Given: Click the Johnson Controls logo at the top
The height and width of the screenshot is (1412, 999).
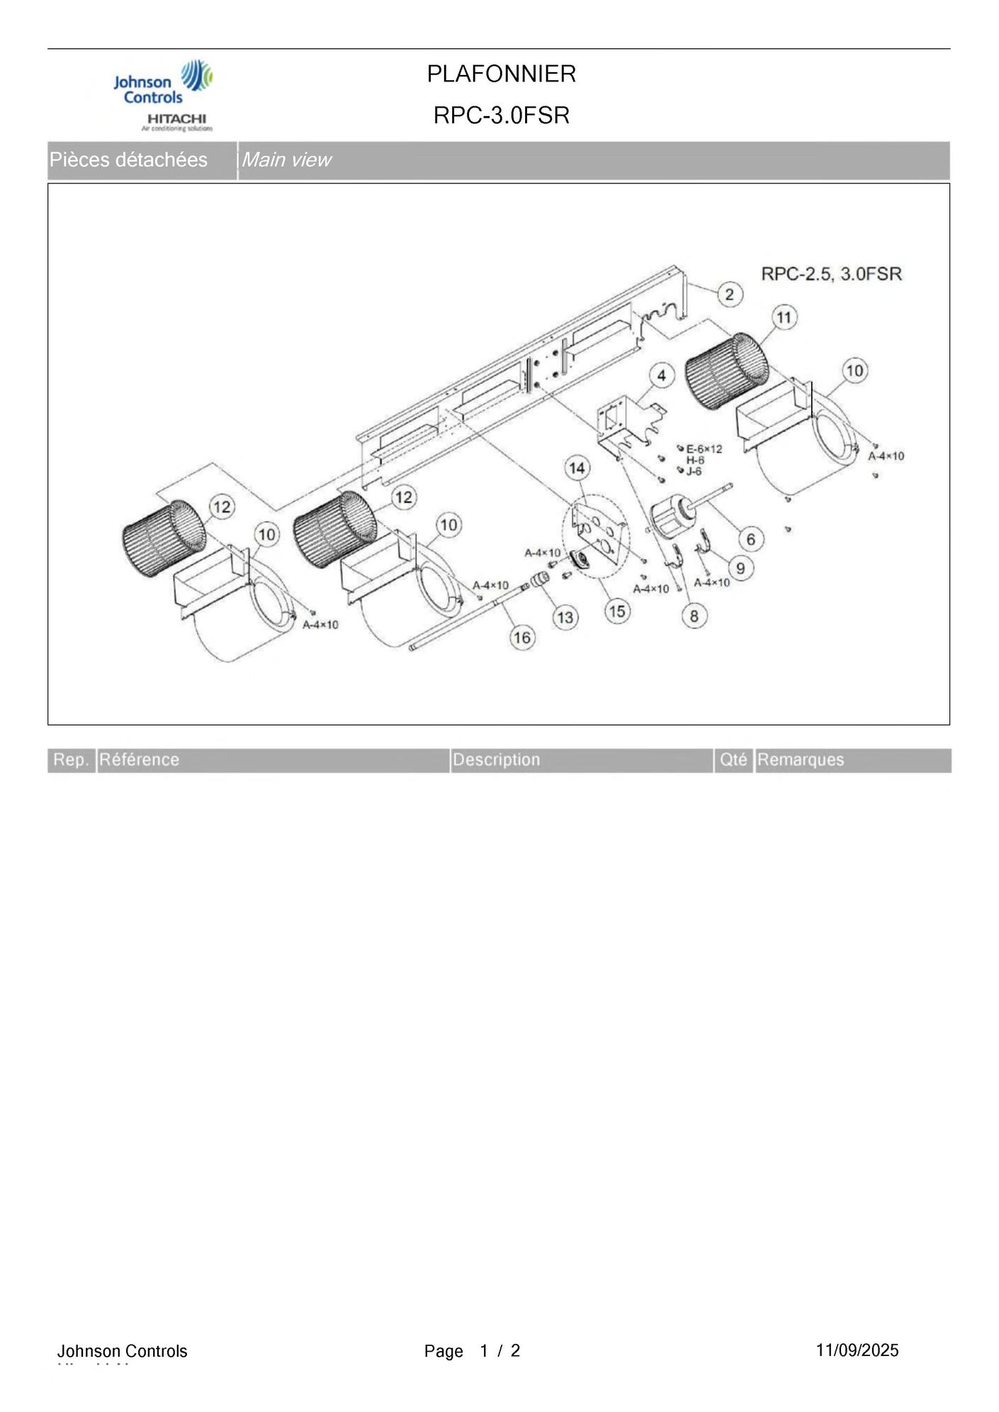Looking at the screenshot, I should pos(163,84).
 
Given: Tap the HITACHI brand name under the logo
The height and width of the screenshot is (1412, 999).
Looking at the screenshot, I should pos(176,118).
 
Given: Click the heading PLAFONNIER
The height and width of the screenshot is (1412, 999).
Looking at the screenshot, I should pos(501,74).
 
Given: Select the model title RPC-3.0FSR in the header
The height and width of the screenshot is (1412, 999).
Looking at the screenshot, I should pos(501,115).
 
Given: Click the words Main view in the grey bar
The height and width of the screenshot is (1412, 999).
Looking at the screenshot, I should pos(286,160).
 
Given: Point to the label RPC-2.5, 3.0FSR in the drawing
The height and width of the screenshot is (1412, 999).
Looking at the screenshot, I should pos(831,273).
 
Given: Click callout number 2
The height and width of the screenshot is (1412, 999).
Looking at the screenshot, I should pos(730,294).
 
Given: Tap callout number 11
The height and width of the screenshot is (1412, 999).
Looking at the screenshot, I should pos(784,317).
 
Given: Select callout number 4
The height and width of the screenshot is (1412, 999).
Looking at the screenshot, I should pos(662,375).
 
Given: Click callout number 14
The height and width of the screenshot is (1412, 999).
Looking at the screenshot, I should pos(577,468).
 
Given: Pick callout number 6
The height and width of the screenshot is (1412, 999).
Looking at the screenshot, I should pos(751,539).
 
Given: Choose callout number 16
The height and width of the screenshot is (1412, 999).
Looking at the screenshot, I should pos(521,638).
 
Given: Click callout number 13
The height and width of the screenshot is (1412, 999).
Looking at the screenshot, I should pos(565,618).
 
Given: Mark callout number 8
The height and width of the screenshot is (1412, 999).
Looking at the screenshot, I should pos(694,616).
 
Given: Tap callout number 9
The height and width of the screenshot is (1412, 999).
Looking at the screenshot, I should pos(740,567).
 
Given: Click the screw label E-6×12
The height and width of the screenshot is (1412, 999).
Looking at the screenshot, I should pos(704,449).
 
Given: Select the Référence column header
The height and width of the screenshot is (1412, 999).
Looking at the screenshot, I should pos(139,760).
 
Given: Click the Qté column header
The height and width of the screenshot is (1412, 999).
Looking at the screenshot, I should pos(733,760).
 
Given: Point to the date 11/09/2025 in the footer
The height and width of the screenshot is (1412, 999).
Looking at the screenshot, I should pos(857,1350).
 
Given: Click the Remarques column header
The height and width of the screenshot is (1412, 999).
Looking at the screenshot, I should pos(801,760).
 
